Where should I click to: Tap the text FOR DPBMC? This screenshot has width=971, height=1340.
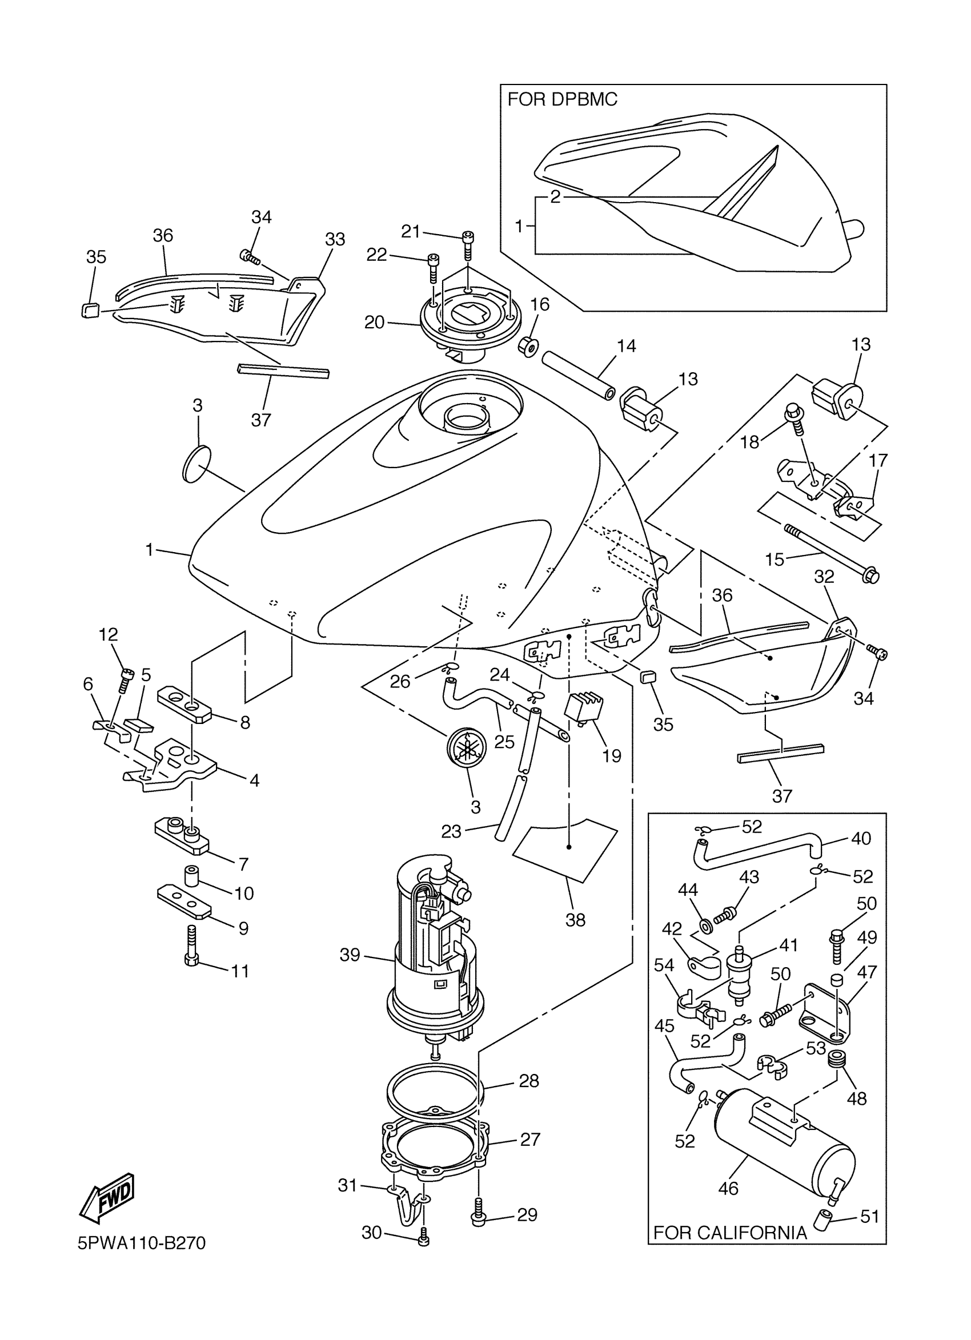[x=562, y=100]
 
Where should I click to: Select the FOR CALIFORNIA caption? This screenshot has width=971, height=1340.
[x=730, y=1233]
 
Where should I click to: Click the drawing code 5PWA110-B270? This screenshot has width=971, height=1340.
[x=142, y=1244]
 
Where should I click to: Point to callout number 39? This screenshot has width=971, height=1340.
[x=350, y=955]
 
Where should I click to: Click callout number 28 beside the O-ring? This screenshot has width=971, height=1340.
[x=529, y=1081]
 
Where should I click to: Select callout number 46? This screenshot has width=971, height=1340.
[x=728, y=1188]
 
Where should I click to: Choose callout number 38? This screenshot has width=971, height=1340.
[x=576, y=920]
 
